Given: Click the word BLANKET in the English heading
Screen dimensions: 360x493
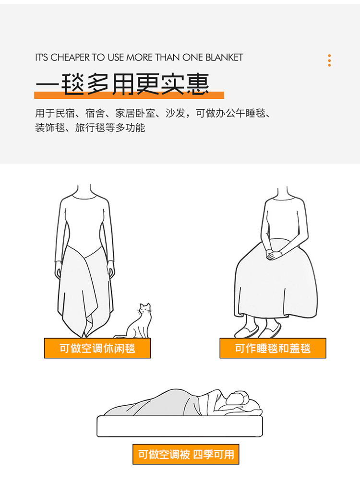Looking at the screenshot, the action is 224,57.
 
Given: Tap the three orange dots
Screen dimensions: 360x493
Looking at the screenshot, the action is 329,60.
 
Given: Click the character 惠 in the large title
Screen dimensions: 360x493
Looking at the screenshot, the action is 197,84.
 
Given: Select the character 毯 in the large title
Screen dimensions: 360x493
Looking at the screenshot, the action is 72,84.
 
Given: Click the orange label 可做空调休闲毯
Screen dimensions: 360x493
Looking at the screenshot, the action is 97,348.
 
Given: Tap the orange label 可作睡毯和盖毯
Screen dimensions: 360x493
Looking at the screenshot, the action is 273,348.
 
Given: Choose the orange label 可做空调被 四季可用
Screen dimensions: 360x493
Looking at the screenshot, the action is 186,454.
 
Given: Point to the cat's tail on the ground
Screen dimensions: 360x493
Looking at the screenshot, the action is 120,336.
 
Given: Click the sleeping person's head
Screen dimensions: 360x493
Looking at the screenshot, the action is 239,399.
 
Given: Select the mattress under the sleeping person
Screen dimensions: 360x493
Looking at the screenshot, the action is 180,426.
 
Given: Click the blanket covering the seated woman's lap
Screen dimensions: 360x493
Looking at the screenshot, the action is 276,283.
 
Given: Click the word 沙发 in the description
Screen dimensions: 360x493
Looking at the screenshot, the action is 175,113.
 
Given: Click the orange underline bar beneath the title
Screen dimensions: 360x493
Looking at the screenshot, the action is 129,95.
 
